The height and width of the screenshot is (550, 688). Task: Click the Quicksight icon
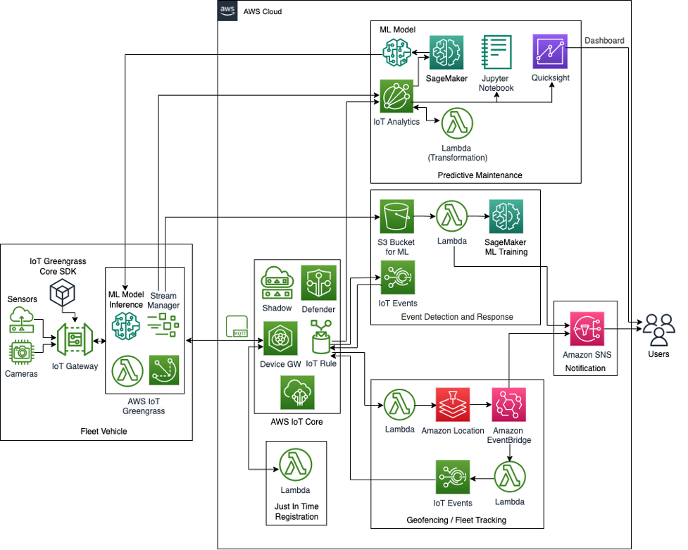coord(551,51)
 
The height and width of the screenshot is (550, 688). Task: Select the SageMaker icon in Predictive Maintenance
coord(446,52)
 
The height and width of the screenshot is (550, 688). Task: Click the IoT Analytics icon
coord(396,96)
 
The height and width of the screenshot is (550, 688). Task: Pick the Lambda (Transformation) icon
coord(457,123)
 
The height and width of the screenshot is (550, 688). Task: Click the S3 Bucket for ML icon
coord(397,216)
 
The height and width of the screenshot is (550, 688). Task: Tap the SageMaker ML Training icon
coord(506,216)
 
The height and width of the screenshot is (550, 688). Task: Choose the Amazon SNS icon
coord(585,326)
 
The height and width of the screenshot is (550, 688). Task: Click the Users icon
coord(658,326)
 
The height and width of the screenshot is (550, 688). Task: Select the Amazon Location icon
coord(453,405)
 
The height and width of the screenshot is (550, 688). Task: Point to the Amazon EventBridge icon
coord(508,405)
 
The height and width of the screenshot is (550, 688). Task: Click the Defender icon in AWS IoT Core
coord(319,282)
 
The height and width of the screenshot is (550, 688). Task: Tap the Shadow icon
coord(277,283)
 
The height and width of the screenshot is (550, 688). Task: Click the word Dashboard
coord(604,41)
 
